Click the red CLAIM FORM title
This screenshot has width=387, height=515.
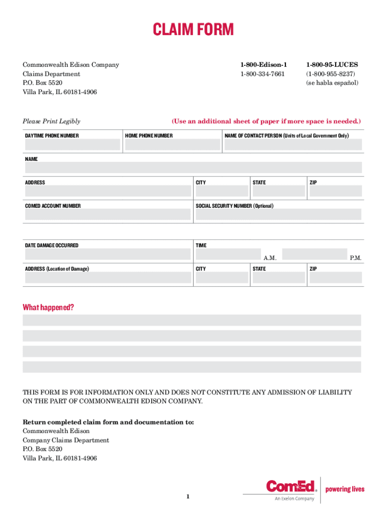193,30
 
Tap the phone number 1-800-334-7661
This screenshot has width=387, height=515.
262,74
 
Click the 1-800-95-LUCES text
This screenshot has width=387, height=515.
332,65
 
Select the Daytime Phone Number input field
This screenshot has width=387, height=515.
72,145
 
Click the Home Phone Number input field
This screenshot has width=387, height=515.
172,145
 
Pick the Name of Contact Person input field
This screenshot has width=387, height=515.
292,145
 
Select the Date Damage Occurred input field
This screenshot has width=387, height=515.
108,254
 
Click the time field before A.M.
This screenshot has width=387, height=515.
228,254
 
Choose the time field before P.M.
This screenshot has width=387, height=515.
315,254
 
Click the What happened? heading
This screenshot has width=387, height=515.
48,307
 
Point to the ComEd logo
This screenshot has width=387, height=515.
292,486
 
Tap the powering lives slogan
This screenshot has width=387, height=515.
345,489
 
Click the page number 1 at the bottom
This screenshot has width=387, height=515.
187,497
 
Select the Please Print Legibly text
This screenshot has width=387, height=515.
51,121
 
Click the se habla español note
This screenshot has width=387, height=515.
332,83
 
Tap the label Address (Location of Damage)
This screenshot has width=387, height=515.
57,269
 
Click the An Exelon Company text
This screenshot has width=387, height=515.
294,499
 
